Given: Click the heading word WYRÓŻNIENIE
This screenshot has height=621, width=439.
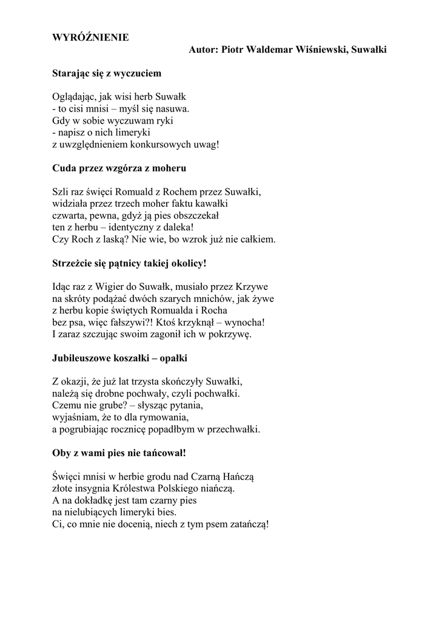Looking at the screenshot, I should (x=90, y=38).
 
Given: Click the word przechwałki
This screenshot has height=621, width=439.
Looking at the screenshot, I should (x=232, y=429).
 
